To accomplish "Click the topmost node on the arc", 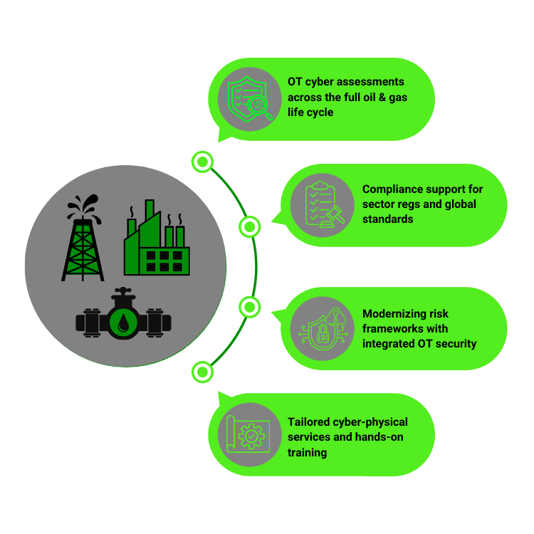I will [x=202, y=162].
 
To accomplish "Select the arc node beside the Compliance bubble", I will [x=248, y=227].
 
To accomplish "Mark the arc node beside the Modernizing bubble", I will [x=248, y=307].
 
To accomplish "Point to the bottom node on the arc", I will [x=202, y=371].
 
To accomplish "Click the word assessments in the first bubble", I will [x=372, y=82].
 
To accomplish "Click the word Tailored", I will [x=309, y=422].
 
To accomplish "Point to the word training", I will [x=308, y=452].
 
